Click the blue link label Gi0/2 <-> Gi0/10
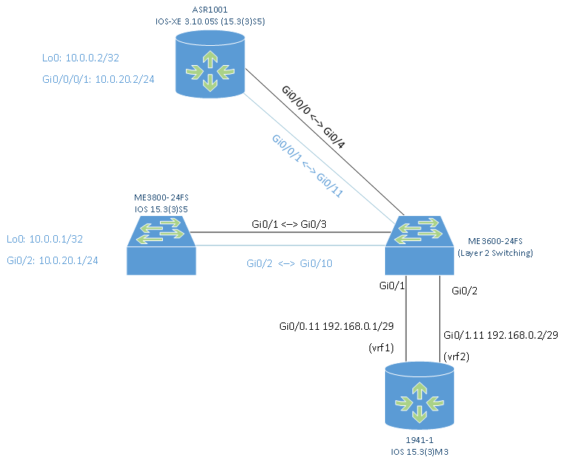click(290, 263)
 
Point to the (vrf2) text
click(457, 356)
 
